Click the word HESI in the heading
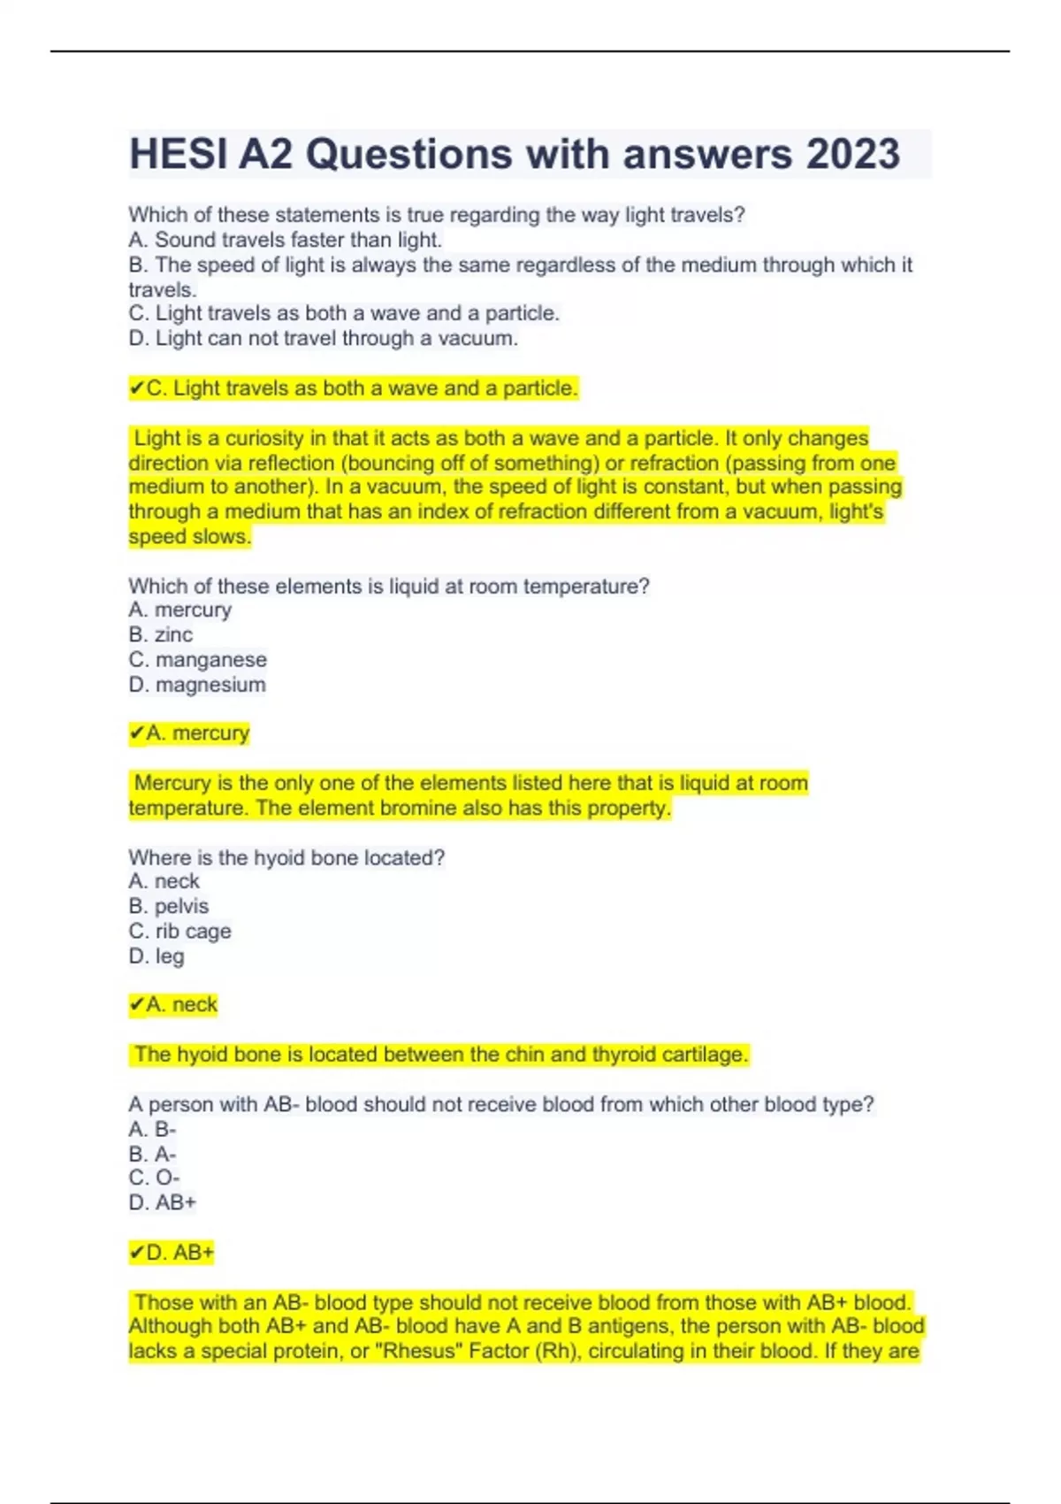coord(177,154)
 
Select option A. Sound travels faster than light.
coord(285,240)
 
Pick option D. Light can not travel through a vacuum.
coord(323,338)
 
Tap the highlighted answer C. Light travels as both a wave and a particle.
coord(354,388)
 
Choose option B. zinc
coord(160,634)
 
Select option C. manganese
coord(197,659)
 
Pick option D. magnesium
coord(196,684)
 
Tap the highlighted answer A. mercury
coord(189,733)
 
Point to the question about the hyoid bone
coord(286,857)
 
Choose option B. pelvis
coord(168,906)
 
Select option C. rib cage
coord(179,931)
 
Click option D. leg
coord(156,955)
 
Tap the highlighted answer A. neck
coord(173,1004)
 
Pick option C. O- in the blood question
coord(154,1178)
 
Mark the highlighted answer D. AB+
coord(172,1252)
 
